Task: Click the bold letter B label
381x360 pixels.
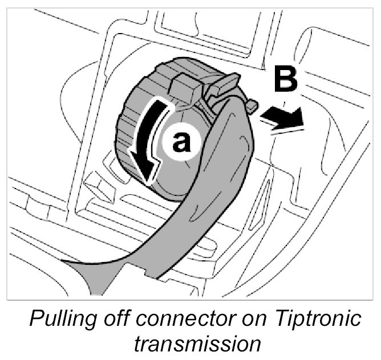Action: click(284, 81)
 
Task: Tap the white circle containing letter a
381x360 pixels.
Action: click(181, 142)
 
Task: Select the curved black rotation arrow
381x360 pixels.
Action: click(144, 142)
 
